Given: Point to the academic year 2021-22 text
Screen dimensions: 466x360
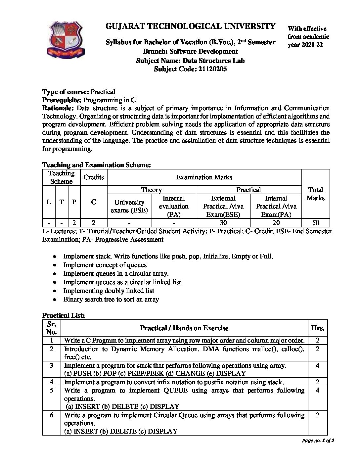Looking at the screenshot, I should coord(306,44).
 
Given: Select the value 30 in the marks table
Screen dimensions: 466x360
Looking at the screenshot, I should coord(223,223).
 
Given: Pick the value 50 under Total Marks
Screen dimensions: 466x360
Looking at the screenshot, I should coord(315,223).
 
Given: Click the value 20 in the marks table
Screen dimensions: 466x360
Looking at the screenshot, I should coord(276,223).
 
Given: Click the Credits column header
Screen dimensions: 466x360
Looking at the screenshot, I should coord(94,177).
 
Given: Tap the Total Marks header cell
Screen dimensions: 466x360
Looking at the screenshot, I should coord(315,194).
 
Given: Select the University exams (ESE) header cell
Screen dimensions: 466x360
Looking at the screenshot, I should coord(129,206).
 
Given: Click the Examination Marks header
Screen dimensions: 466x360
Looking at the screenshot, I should coord(204,177).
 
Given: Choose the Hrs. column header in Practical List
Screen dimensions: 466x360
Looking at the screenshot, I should coord(318,328).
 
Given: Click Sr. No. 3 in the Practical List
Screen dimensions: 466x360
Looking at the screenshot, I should coord(52,365).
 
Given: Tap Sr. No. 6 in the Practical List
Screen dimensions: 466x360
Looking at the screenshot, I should coord(52,415).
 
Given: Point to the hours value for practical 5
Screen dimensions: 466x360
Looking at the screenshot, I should coord(318,391).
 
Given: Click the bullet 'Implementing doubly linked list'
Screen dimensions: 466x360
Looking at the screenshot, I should coord(109,291).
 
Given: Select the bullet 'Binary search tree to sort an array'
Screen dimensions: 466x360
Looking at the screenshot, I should coord(111,299).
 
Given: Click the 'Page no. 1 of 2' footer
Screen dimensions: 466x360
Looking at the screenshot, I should coord(318,441).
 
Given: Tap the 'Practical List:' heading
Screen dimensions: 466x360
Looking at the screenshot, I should coord(64,315).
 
